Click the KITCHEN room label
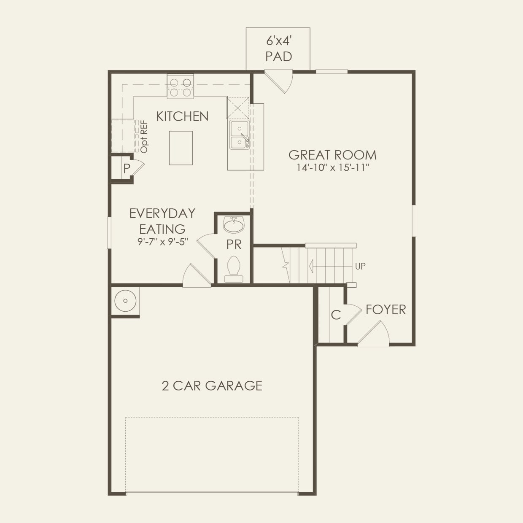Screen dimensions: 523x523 182,116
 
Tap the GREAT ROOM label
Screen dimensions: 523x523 332,155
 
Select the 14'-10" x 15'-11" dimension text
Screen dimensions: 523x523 333,167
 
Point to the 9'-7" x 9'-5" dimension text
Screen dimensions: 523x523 162,242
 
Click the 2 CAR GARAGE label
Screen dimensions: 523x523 212,386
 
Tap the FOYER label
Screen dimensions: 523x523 386,310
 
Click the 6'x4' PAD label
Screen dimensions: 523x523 279,49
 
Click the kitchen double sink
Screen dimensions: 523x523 239,135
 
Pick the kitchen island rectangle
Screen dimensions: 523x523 181,148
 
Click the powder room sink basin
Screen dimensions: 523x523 234,225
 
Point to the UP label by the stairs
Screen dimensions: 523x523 360,266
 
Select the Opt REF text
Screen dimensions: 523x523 144,136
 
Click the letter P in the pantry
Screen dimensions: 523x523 127,169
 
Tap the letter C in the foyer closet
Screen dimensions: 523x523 336,315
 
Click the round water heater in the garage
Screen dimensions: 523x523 125,301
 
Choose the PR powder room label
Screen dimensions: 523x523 234,244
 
